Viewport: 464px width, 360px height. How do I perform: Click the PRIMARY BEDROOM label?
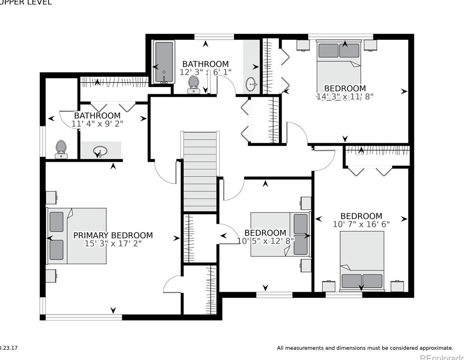tap(113, 235)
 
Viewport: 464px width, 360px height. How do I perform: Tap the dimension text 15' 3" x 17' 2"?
tap(113, 244)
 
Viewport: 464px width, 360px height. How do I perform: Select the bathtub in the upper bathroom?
tap(164, 62)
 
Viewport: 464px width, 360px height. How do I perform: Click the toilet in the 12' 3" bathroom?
tap(194, 85)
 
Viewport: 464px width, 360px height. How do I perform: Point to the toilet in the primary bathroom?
tap(61, 149)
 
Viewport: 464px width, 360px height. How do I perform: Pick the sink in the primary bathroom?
tap(100, 151)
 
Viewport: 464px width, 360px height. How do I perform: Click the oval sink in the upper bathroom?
tap(252, 84)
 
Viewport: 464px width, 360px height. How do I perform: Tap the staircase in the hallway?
tap(200, 172)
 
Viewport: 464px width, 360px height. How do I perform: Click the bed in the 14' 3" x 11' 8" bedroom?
tap(339, 66)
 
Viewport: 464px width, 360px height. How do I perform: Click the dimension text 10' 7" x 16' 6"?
tap(361, 224)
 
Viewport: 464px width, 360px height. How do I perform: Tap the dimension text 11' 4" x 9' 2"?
tap(97, 124)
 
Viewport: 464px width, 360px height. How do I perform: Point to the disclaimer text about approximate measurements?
tap(365, 348)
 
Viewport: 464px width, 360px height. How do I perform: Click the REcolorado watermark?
tap(442, 357)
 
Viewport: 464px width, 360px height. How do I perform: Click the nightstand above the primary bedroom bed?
tap(51, 198)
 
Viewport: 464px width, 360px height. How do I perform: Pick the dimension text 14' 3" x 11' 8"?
tap(345, 96)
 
